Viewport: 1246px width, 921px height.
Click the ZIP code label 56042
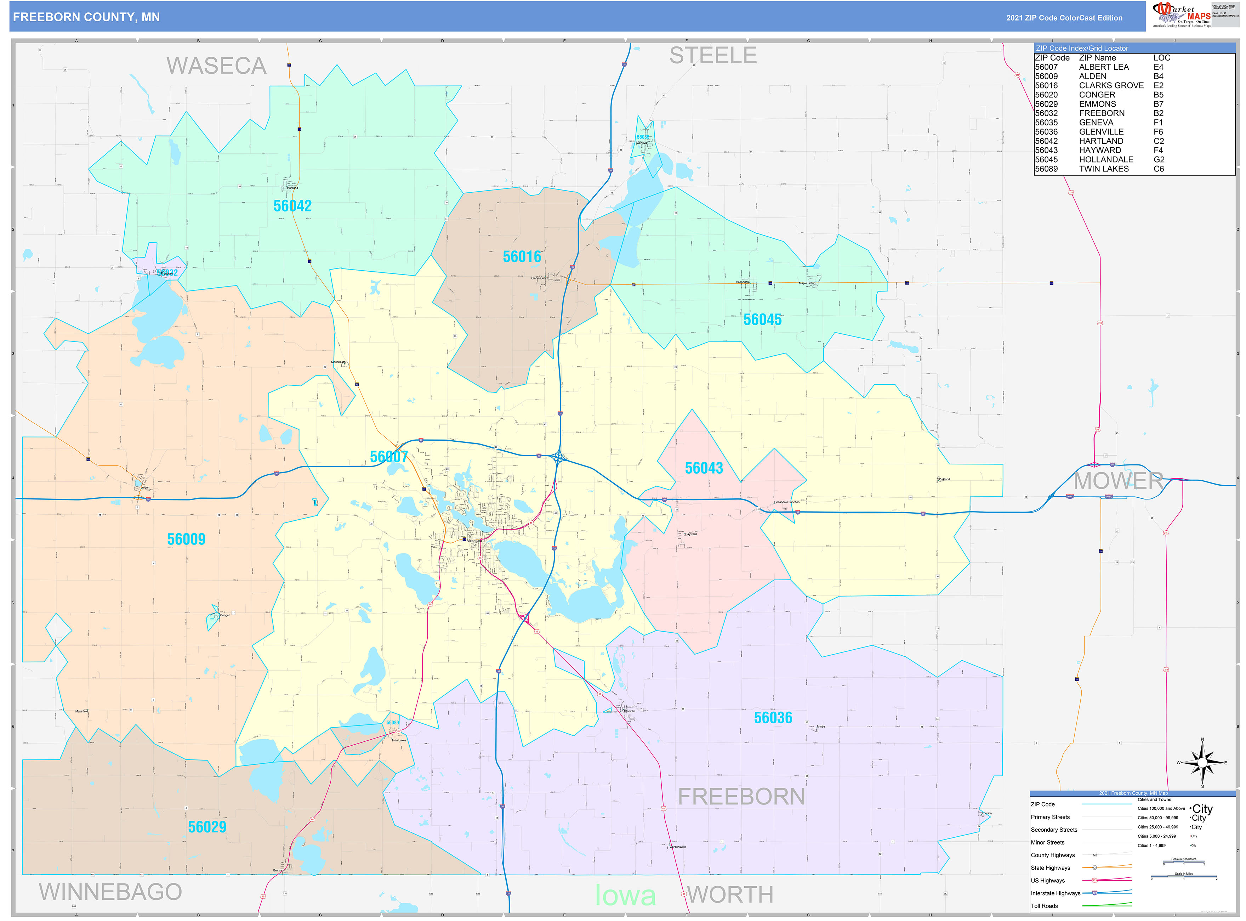coord(292,206)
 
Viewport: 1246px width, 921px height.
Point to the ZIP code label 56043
coord(704,468)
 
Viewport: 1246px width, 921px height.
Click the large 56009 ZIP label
coord(186,539)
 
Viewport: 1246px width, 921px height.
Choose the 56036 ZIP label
coord(773,718)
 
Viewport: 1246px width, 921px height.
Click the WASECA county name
coord(216,66)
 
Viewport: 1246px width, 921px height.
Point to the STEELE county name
coord(713,56)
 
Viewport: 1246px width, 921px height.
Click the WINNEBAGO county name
coord(110,892)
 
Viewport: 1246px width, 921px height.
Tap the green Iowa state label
coord(625,896)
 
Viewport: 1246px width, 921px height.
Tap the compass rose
coord(1202,762)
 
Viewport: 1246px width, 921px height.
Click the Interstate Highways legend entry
coord(1056,893)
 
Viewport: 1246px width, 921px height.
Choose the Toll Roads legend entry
coord(1044,906)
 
